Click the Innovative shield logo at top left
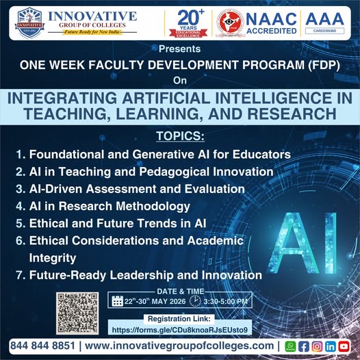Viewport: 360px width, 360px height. (x=29, y=23)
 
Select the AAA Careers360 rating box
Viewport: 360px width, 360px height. (x=324, y=23)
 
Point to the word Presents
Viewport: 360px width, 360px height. (x=179, y=49)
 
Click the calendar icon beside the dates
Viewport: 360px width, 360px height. (x=116, y=301)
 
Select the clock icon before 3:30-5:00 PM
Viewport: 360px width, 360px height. (x=194, y=301)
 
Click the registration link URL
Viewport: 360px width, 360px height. (x=179, y=329)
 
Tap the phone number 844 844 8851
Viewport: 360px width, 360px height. (x=42, y=346)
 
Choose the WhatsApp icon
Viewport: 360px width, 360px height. (x=290, y=346)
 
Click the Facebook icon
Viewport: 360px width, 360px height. (x=304, y=346)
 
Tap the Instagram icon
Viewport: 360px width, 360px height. (x=317, y=346)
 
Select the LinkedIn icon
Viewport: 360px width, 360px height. (x=330, y=346)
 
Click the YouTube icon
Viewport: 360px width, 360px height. (x=344, y=346)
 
